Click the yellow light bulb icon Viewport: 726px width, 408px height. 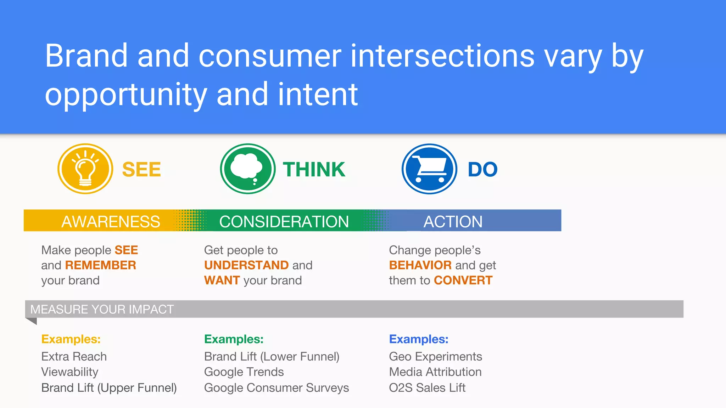(x=85, y=169)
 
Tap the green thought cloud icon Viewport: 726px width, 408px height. (x=247, y=169)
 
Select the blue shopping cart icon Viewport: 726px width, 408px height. (x=429, y=169)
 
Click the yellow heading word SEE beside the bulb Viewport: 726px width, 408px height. (x=141, y=170)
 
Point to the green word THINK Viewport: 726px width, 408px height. (x=314, y=170)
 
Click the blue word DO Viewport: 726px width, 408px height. (x=482, y=170)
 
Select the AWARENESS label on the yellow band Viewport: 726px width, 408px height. (x=111, y=222)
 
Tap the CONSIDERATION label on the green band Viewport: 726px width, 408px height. (x=284, y=222)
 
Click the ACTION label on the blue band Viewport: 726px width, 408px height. (x=453, y=222)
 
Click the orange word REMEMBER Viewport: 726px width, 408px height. (x=100, y=265)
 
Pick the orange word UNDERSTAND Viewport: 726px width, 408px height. (x=246, y=265)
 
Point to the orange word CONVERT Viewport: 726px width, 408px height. (x=463, y=280)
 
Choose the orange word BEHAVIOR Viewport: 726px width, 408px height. (x=420, y=265)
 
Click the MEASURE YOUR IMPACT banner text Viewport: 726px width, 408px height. (x=102, y=310)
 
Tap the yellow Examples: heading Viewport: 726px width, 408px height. (x=71, y=339)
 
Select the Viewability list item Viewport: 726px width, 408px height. (x=70, y=372)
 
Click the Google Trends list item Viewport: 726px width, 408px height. (x=244, y=372)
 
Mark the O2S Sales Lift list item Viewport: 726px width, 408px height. (x=427, y=388)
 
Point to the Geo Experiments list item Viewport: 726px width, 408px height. (x=435, y=356)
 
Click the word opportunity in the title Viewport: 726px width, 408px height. (x=126, y=95)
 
